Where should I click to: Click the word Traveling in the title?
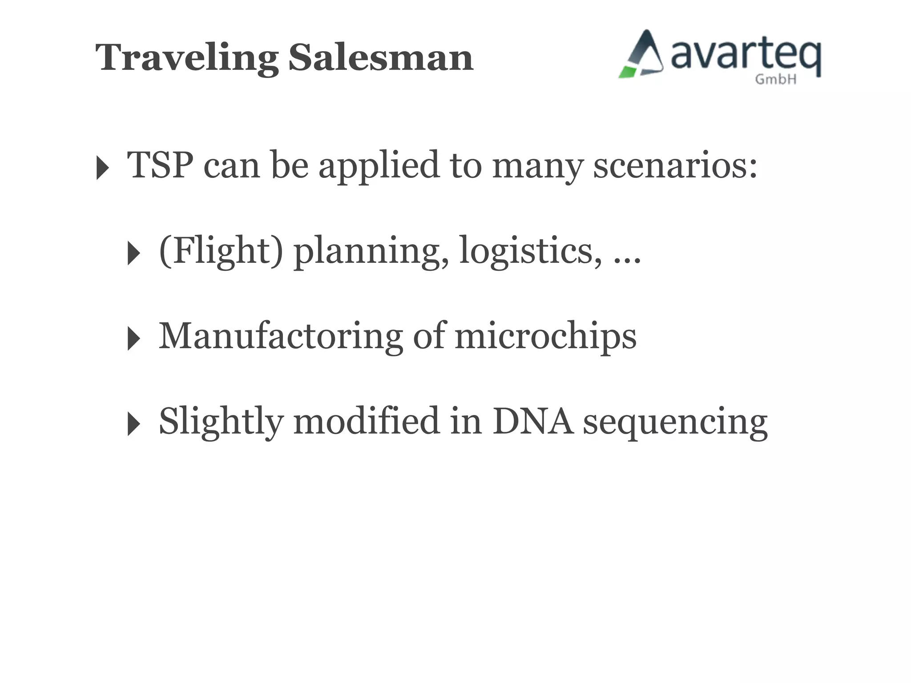click(x=187, y=58)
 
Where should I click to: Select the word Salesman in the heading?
click(x=381, y=57)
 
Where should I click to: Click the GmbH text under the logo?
click(x=775, y=80)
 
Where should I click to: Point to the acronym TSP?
click(x=160, y=165)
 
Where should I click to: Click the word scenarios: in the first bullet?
click(x=675, y=165)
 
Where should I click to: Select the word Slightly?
click(x=221, y=422)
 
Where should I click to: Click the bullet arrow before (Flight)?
click(x=133, y=253)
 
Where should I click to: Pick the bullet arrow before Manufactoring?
click(x=133, y=338)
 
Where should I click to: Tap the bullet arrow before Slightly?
click(x=133, y=423)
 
